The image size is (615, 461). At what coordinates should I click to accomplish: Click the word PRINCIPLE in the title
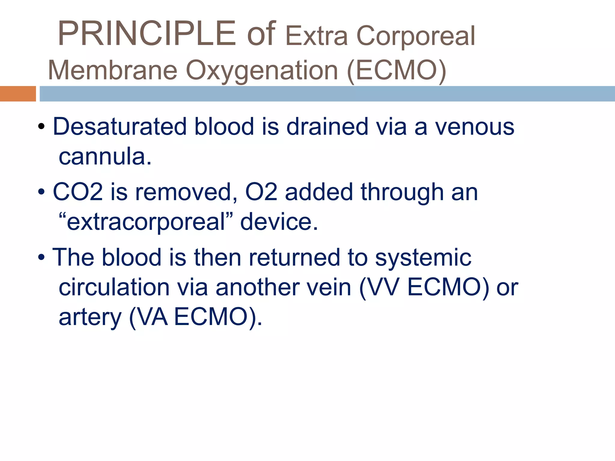pyautogui.click(x=147, y=33)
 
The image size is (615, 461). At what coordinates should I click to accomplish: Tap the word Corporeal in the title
pyautogui.click(x=416, y=36)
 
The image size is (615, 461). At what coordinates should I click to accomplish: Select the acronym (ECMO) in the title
pyautogui.click(x=396, y=70)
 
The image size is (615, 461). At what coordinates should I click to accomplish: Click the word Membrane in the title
pyautogui.click(x=113, y=70)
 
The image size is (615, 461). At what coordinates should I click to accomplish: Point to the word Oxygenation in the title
pyautogui.click(x=262, y=71)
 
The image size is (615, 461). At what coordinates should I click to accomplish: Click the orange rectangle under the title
pyautogui.click(x=18, y=94)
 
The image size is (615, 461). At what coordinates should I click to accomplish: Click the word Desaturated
pyautogui.click(x=120, y=126)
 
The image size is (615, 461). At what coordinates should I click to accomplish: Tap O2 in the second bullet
pyautogui.click(x=261, y=192)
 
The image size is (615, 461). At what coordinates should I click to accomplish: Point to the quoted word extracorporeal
pyautogui.click(x=146, y=222)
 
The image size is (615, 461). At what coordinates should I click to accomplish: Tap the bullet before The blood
pyautogui.click(x=41, y=257)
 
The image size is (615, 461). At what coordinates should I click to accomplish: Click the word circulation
pyautogui.click(x=114, y=287)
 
